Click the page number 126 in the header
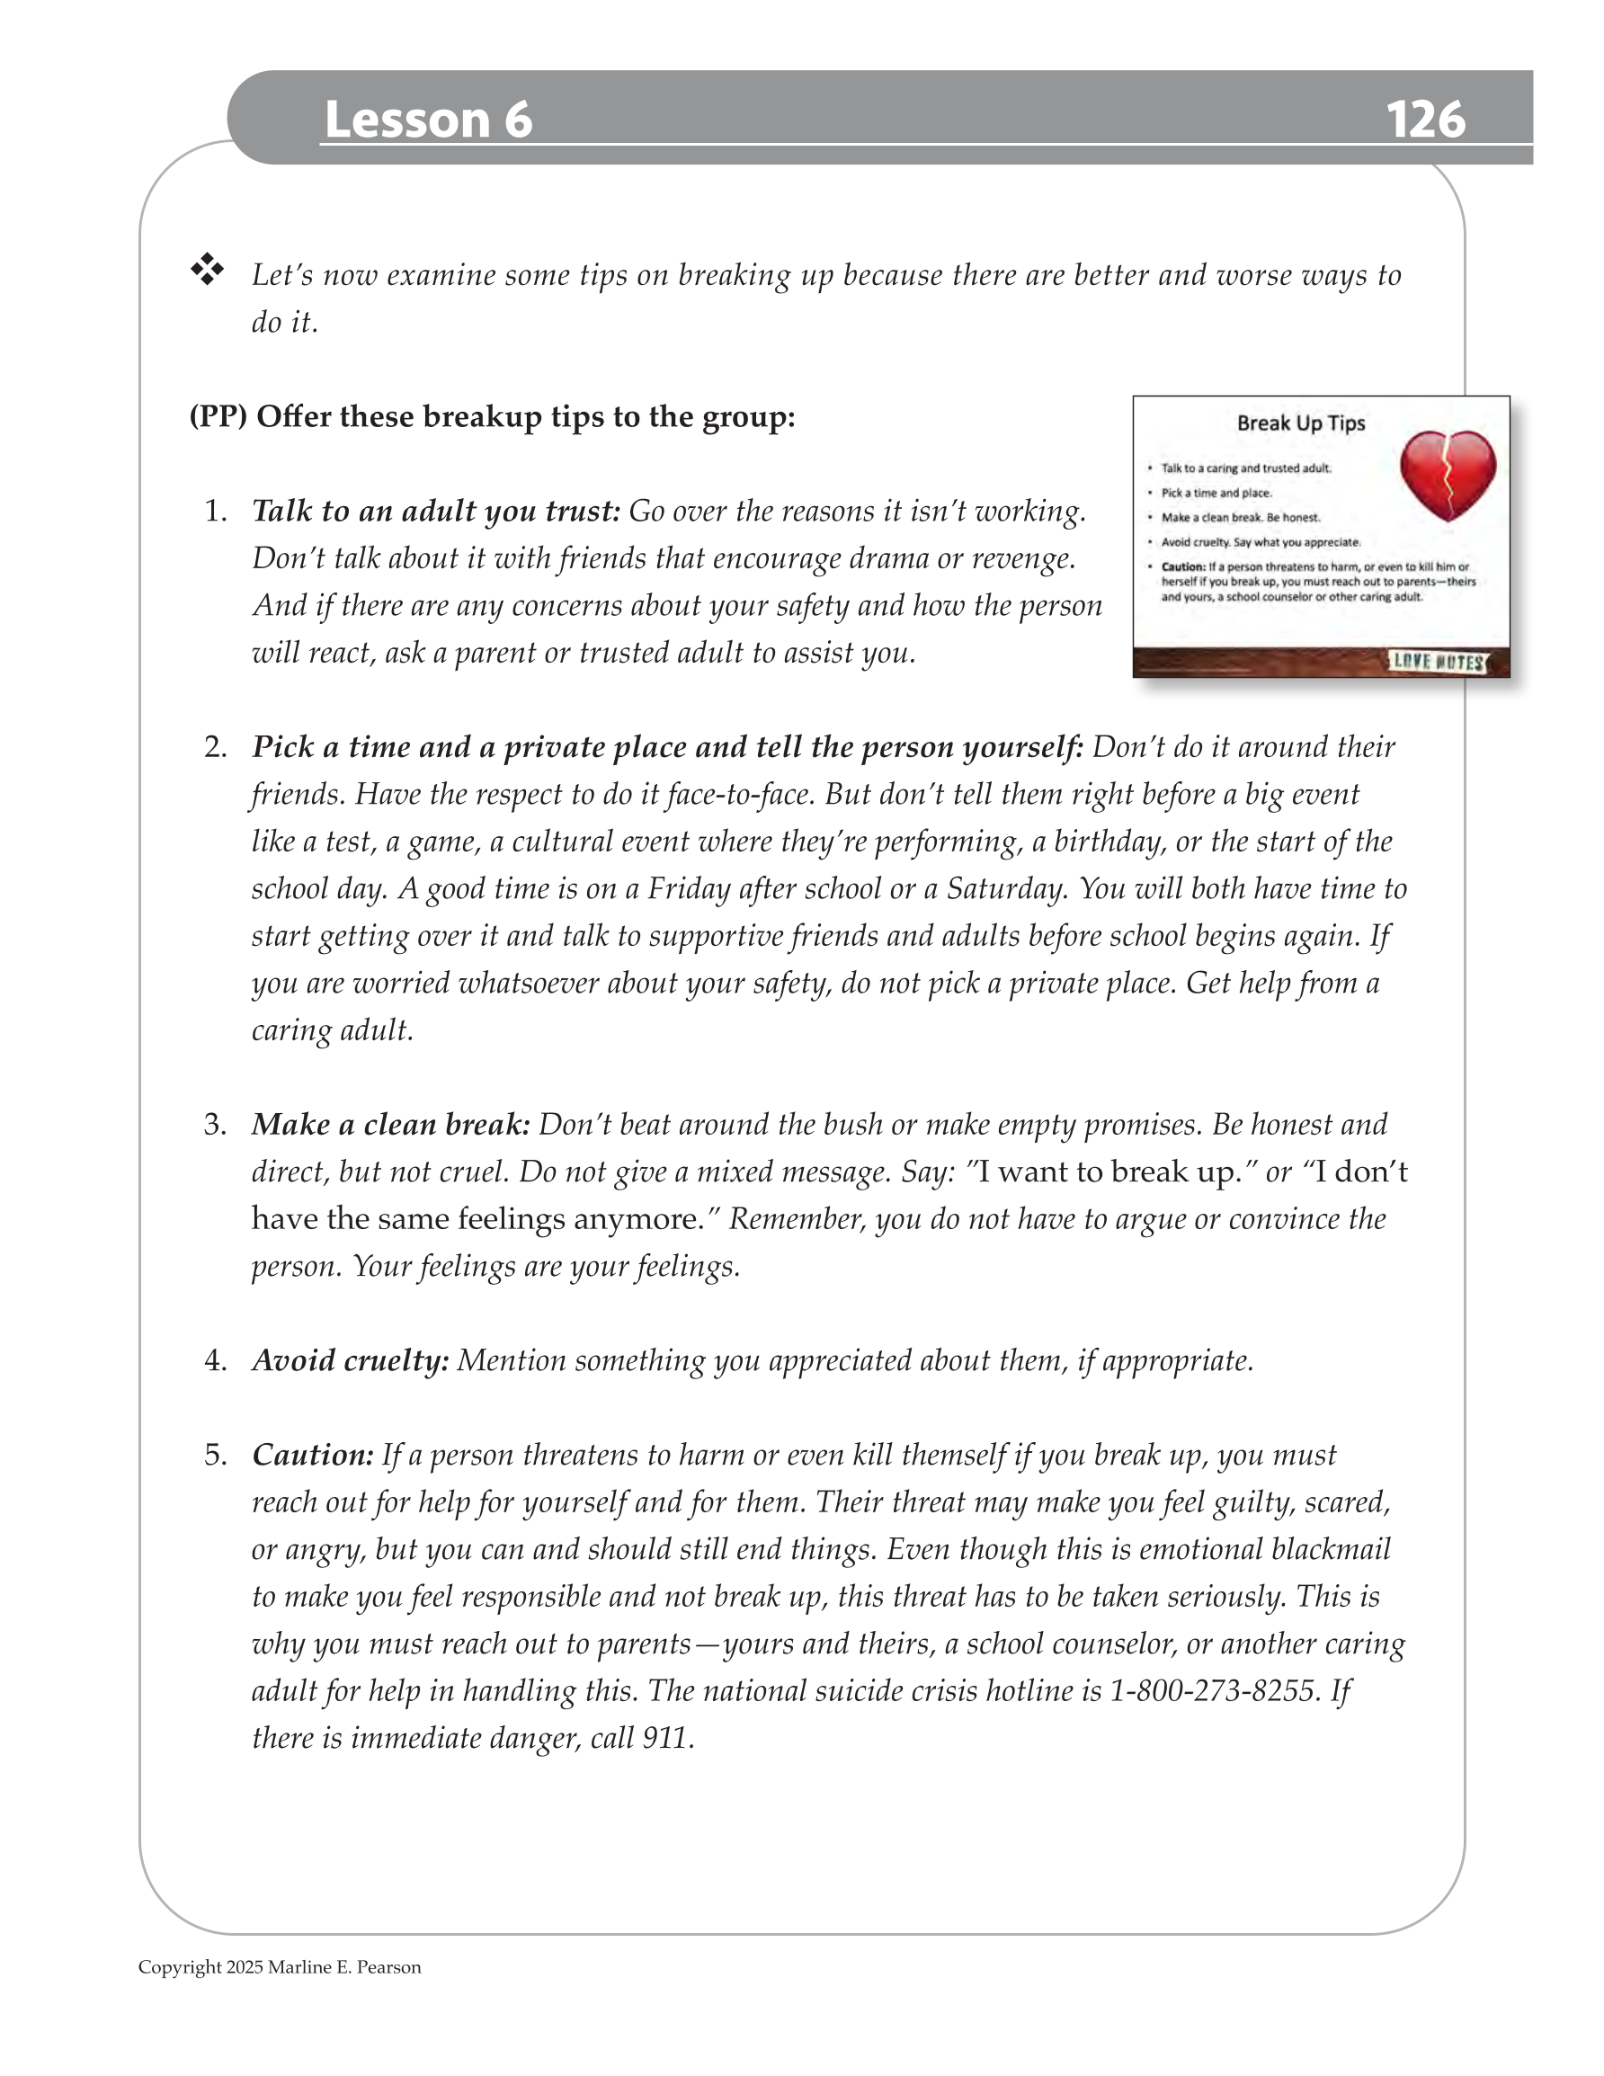[1424, 120]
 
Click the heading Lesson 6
[428, 120]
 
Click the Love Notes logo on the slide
[1438, 662]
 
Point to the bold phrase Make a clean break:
[391, 1125]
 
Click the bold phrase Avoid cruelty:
[350, 1360]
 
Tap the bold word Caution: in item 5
[313, 1456]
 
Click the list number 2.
[216, 747]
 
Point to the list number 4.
[216, 1361]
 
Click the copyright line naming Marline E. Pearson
[280, 1967]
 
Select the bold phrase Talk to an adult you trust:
[435, 512]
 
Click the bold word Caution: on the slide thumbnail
[1183, 567]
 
